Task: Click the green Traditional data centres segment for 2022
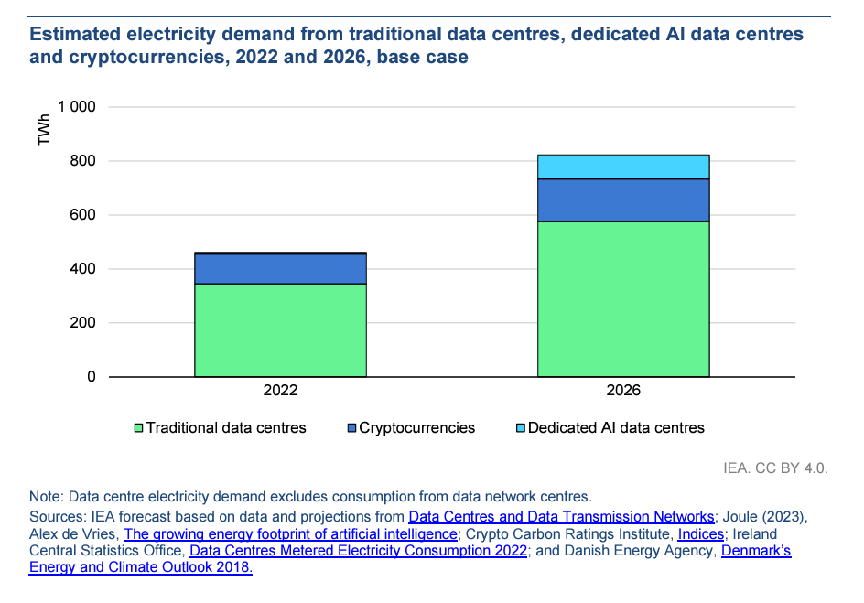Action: point(280,329)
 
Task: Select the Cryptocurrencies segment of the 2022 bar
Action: point(280,268)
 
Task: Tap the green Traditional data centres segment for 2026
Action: point(622,298)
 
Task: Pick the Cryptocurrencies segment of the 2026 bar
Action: point(622,199)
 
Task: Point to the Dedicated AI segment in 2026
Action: point(622,167)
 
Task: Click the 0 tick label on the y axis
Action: point(92,377)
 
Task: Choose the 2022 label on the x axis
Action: point(280,390)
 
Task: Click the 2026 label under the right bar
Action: point(622,390)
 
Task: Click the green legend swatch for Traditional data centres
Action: point(139,428)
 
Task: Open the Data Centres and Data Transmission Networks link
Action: point(561,517)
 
